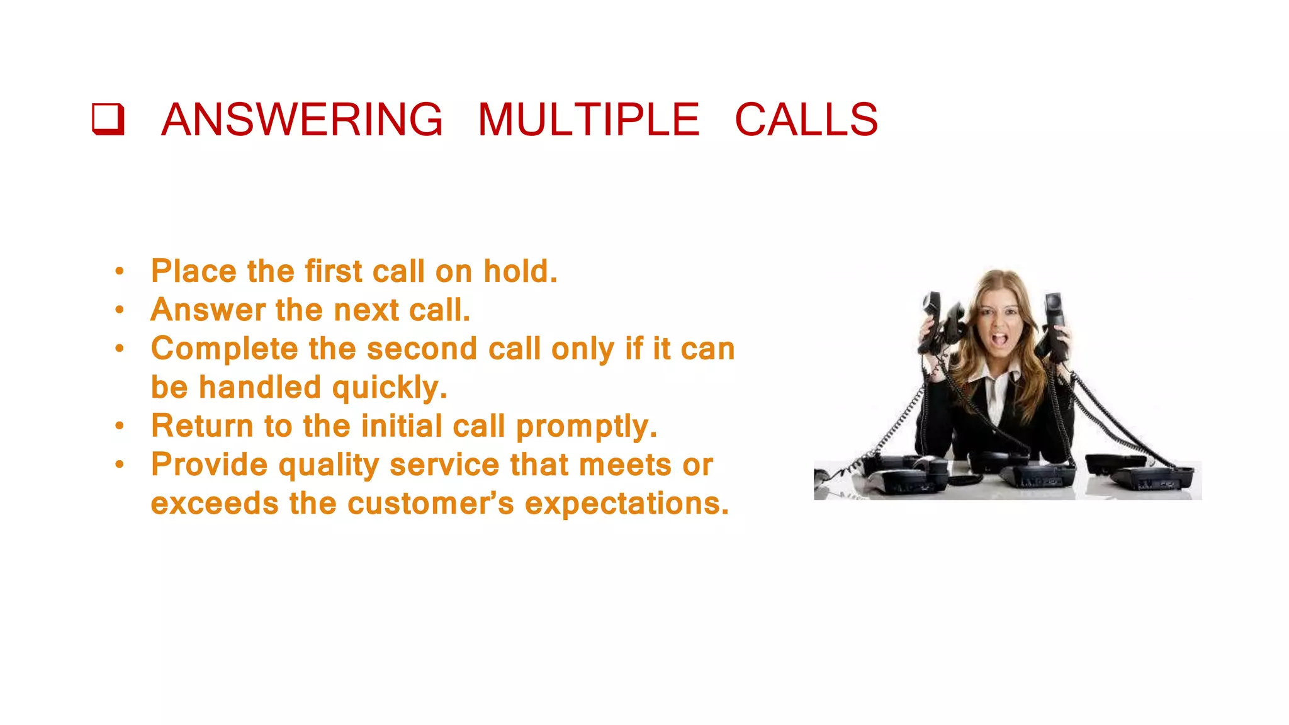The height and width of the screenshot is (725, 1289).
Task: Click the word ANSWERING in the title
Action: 302,120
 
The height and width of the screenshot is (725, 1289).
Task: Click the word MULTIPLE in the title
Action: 588,120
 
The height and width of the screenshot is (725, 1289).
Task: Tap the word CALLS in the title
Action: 806,120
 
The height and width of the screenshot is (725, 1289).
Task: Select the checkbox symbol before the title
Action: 108,119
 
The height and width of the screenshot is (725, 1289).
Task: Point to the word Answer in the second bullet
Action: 208,310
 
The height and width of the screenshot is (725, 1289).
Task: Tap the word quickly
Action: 389,388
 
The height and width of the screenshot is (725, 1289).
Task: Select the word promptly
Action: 586,427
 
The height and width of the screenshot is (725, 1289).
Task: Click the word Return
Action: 202,426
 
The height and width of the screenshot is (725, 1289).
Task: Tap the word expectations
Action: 626,504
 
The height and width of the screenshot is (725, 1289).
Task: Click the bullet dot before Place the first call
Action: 120,272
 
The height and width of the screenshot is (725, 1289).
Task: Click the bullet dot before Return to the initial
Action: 120,427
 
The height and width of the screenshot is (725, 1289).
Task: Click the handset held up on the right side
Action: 1055,327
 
